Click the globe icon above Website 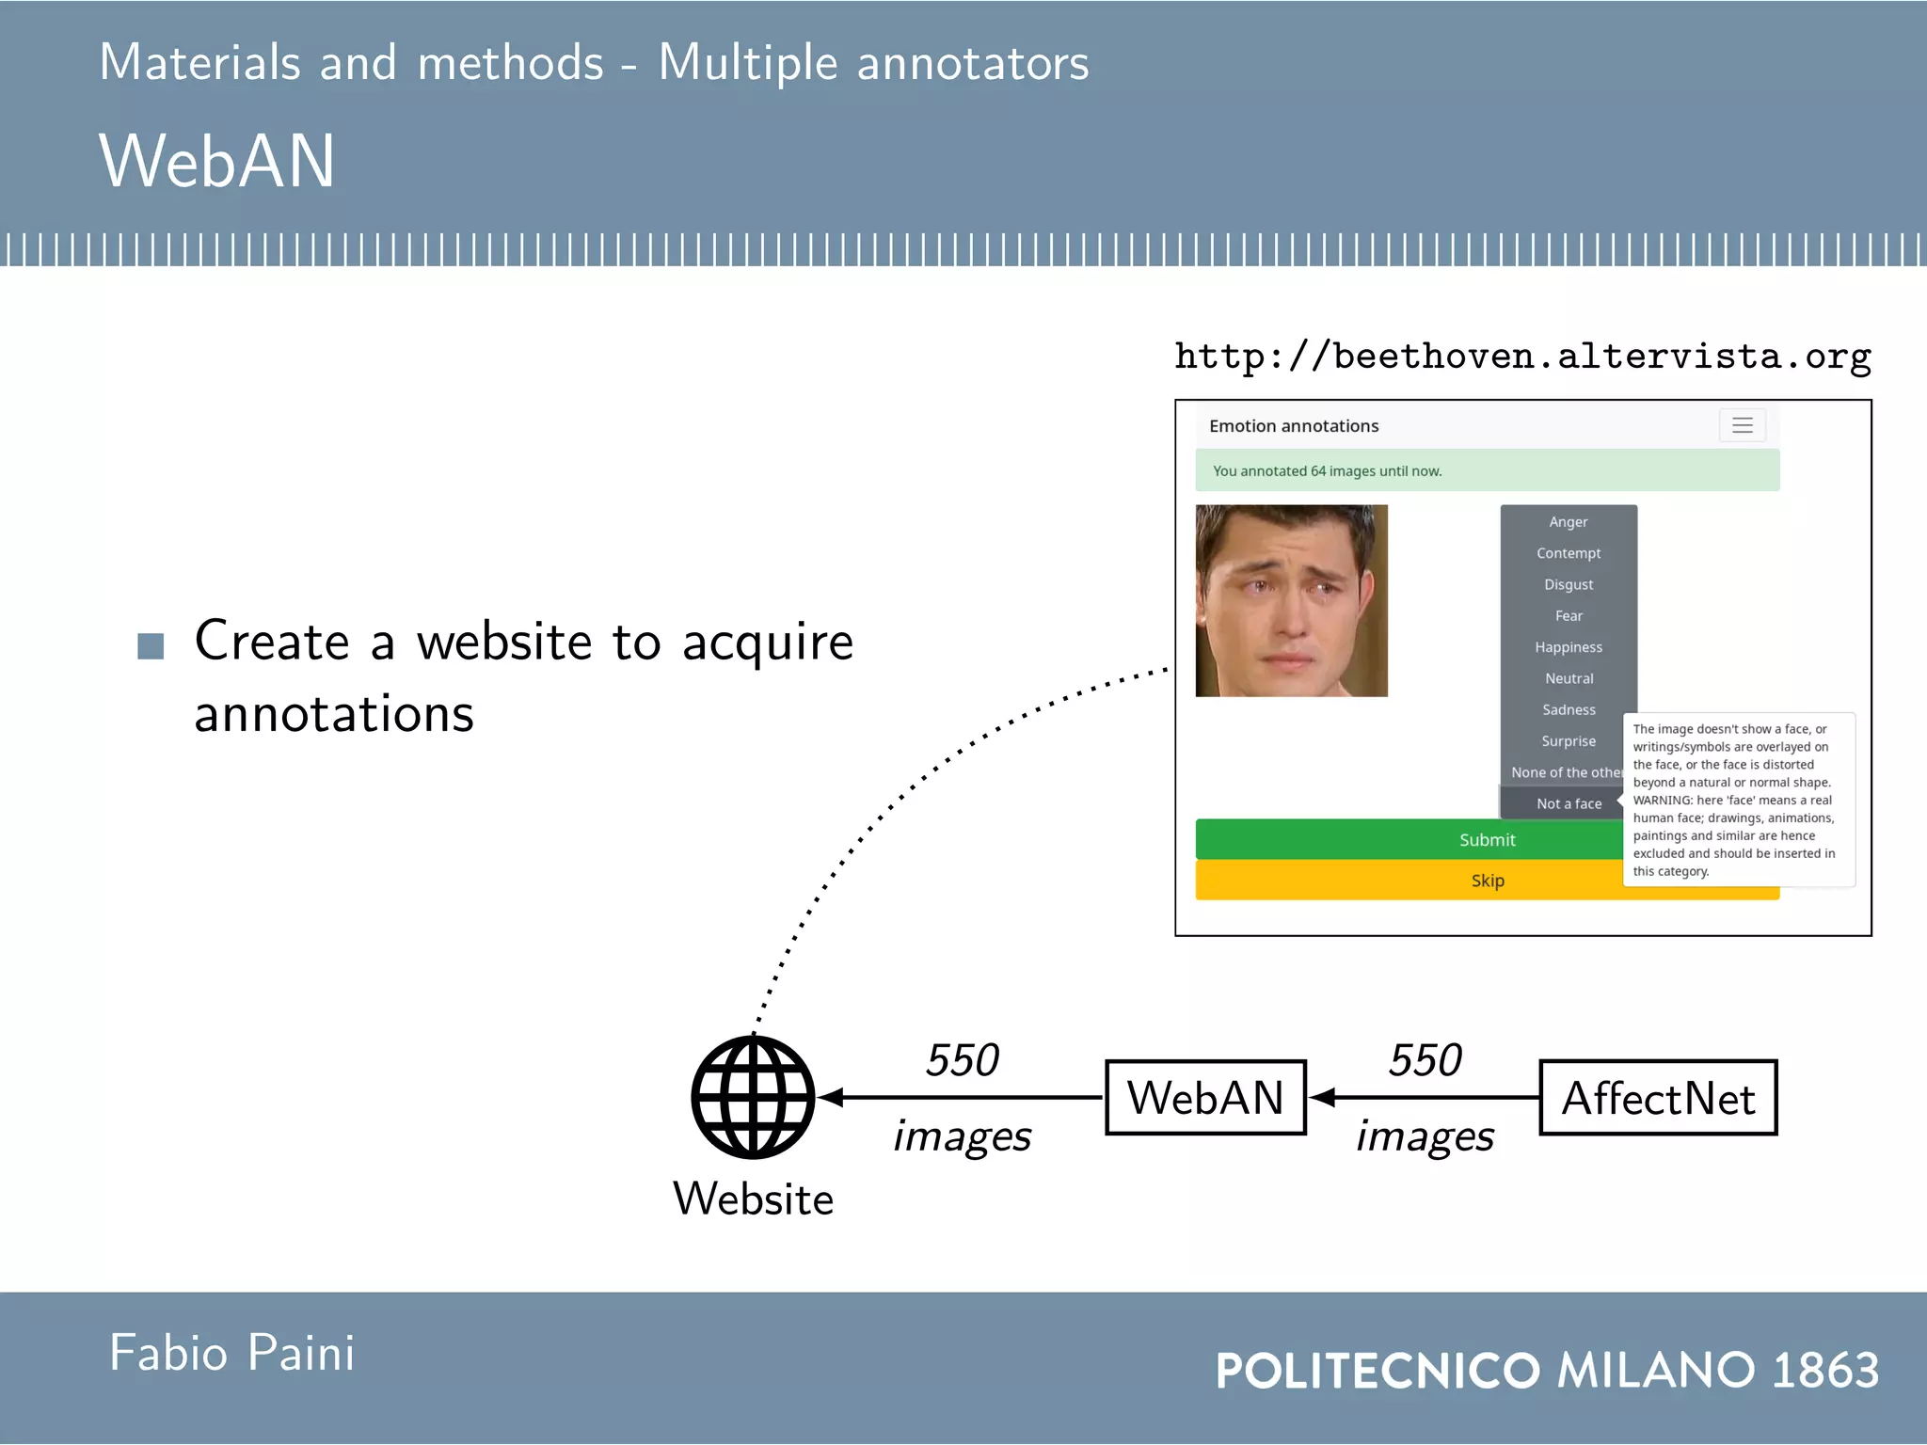753,1097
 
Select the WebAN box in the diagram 1205,1098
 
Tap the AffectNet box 1658,1098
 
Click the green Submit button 1411,839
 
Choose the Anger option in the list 1569,522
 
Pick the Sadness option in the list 1569,709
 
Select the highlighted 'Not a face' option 1569,803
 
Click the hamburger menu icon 1742,425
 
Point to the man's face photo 1291,600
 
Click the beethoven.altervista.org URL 1522,357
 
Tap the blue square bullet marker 151,646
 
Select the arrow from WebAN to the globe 960,1097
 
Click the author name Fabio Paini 231,1353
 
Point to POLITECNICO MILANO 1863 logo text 1547,1370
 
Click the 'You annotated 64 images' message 1327,470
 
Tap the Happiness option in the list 1569,647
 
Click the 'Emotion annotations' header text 1294,426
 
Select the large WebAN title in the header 217,161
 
